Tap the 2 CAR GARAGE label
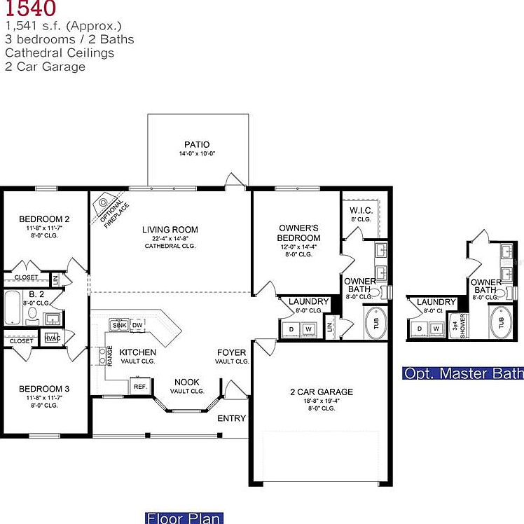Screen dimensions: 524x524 click(322, 392)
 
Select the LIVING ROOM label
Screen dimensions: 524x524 click(170, 229)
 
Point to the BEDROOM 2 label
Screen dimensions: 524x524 click(43, 219)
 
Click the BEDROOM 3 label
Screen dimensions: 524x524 click(43, 388)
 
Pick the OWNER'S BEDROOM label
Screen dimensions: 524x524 click(299, 233)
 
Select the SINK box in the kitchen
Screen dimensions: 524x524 click(118, 325)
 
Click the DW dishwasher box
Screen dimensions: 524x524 click(137, 325)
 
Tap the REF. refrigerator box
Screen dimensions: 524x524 click(139, 386)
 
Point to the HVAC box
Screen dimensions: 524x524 click(52, 338)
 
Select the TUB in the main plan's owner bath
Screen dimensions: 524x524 click(375, 324)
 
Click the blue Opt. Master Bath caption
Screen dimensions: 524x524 click(463, 373)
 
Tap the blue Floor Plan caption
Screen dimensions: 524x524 click(184, 518)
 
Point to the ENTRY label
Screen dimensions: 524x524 click(231, 418)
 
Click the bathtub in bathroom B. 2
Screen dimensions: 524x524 click(13, 308)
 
